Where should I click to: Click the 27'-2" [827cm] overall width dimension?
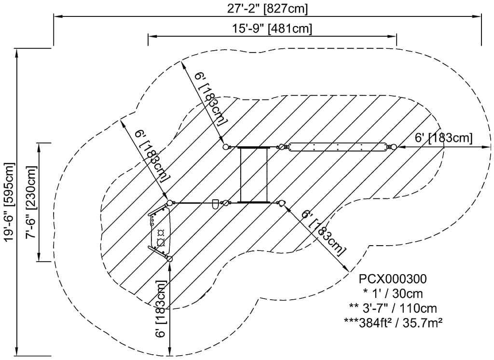267,9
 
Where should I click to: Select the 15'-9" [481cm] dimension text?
272,28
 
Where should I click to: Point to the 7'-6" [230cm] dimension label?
31,202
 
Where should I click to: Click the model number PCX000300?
393,278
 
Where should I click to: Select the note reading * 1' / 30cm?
393,293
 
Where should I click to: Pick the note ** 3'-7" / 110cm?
393,308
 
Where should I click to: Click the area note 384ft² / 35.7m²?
393,322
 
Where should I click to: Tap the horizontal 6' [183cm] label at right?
444,138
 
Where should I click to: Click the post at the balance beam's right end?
393,147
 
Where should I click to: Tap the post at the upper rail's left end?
226,147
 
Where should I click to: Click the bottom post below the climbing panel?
170,259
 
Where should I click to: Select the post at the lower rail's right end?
282,203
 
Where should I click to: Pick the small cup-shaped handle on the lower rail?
216,204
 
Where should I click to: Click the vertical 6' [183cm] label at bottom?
161,309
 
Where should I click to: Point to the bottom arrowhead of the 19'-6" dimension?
16,352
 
